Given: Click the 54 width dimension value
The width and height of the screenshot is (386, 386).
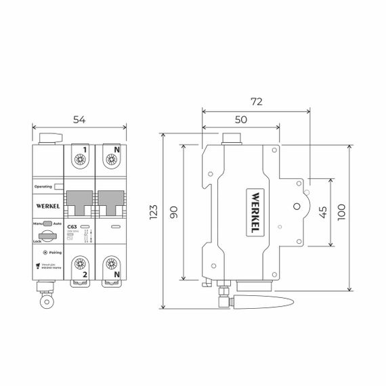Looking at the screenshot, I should [x=79, y=120].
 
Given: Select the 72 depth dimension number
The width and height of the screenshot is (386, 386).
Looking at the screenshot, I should [x=256, y=102].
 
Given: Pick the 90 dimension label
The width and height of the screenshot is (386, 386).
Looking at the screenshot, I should [x=173, y=212].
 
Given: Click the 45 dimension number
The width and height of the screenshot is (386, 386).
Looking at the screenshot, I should [x=323, y=212].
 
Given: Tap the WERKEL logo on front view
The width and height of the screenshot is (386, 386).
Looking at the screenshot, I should [x=47, y=204].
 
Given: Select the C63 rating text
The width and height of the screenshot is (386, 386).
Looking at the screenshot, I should [x=85, y=228].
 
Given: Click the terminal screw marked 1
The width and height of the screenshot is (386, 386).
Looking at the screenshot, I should [x=80, y=160].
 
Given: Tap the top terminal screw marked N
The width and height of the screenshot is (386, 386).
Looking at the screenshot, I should [x=111, y=160].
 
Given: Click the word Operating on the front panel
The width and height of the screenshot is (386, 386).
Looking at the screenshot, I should [x=43, y=185].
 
